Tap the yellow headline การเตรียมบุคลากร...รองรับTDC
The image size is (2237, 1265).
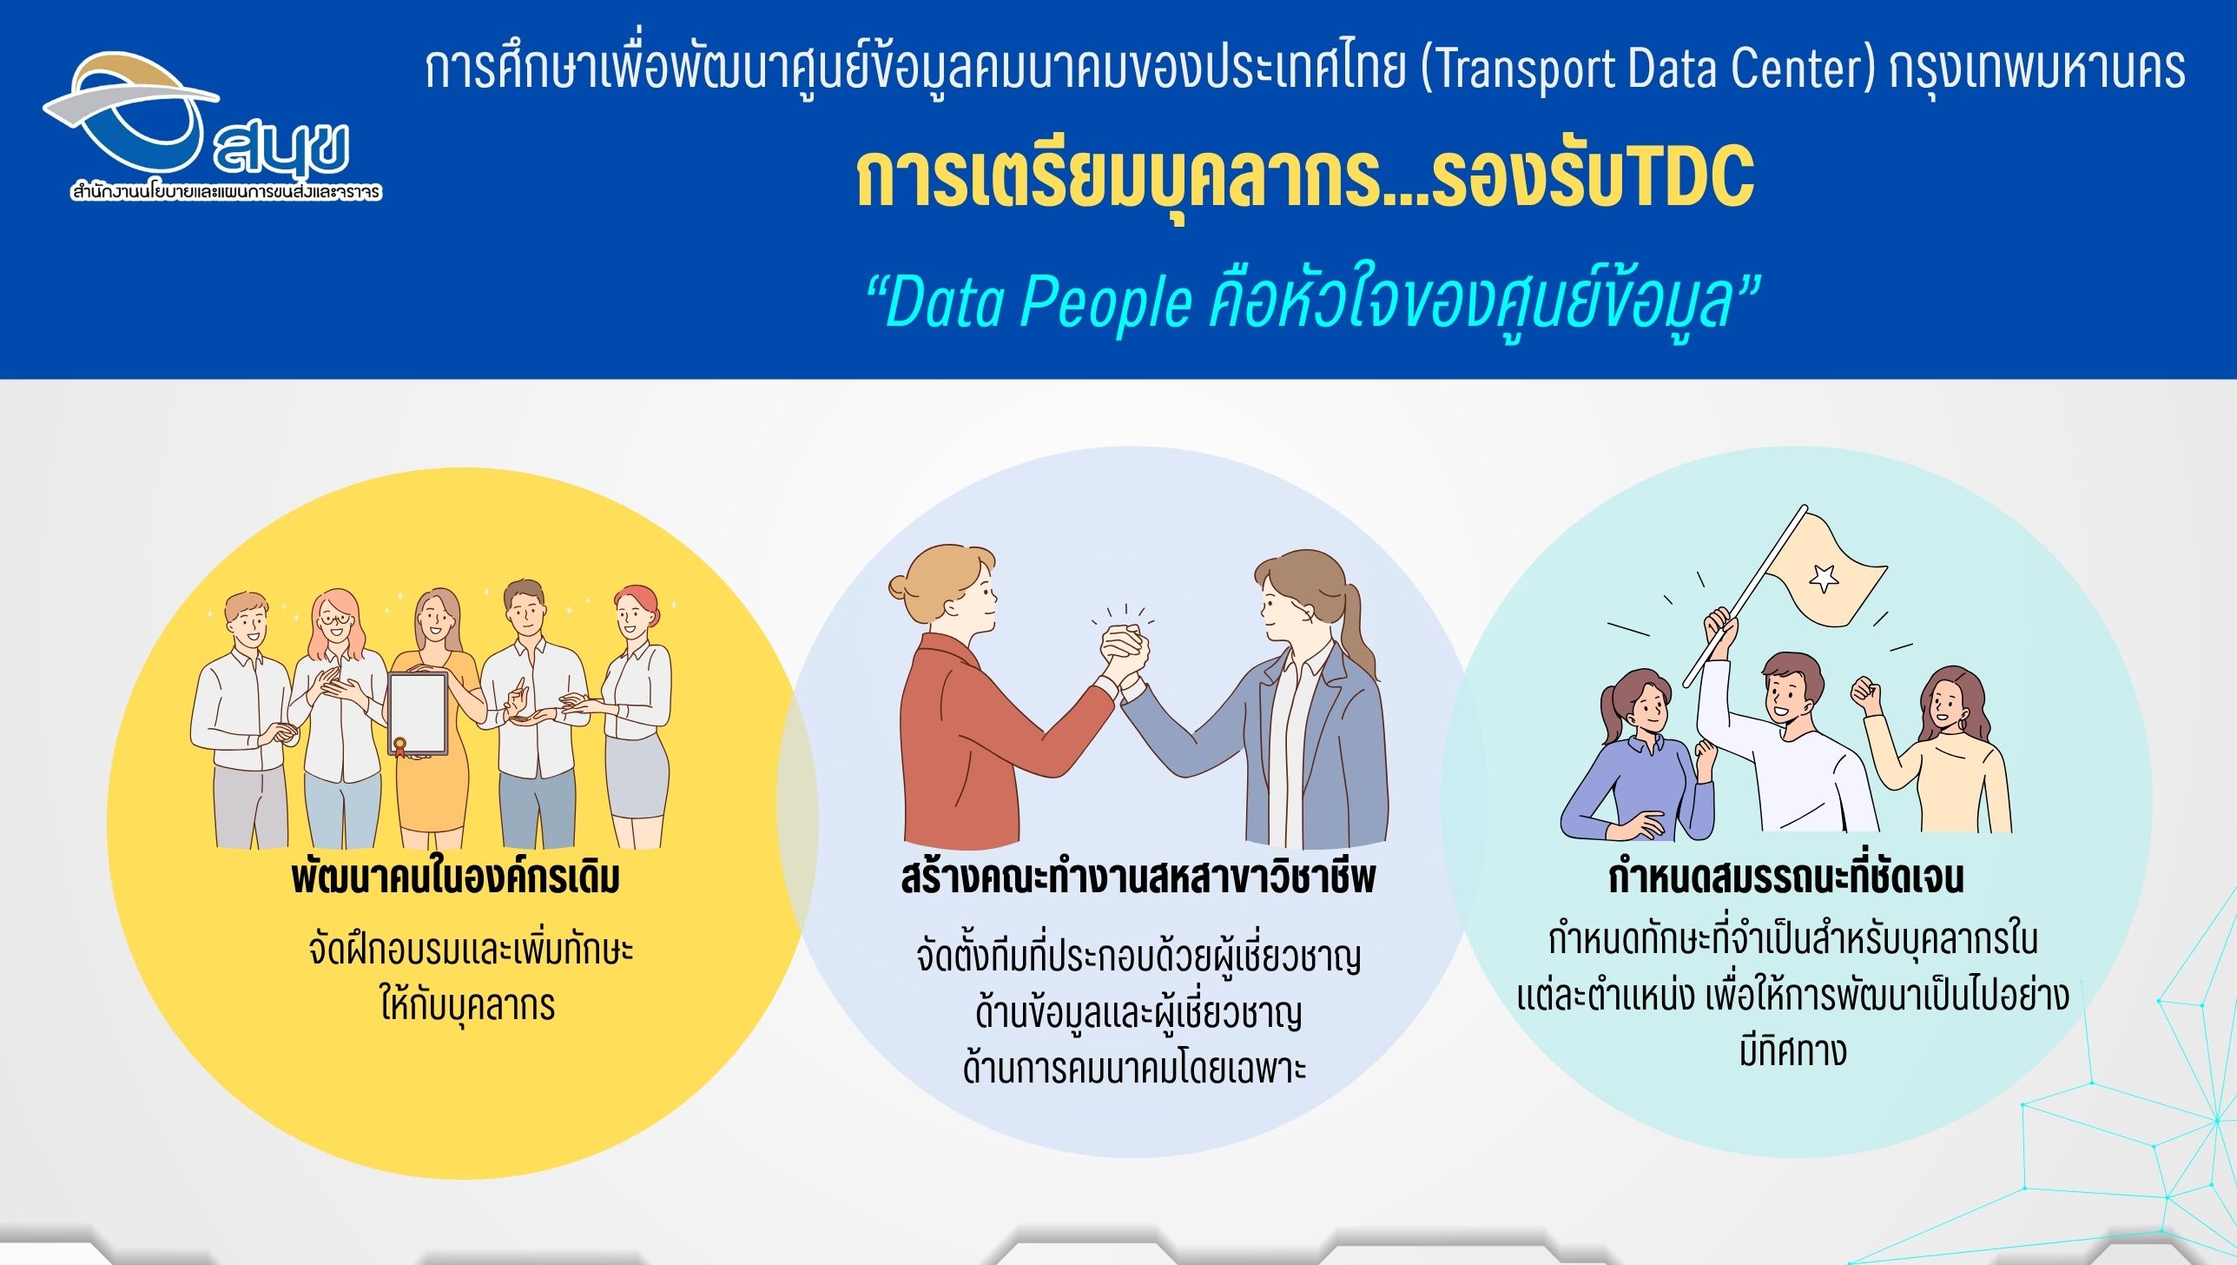[x=1305, y=179]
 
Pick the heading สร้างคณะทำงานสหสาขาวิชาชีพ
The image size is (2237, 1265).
[x=1138, y=878]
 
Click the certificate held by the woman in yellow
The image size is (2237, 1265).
[x=418, y=712]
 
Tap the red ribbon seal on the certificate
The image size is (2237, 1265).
[x=400, y=746]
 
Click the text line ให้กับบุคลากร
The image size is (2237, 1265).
[x=467, y=1005]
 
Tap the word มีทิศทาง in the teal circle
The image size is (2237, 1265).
[x=1792, y=1050]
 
